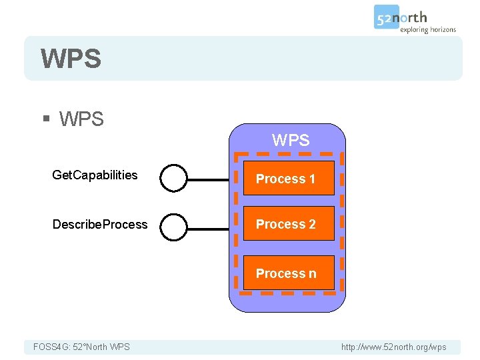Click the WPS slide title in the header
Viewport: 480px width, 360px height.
pyautogui.click(x=71, y=59)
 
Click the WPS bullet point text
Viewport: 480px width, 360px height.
pyautogui.click(x=81, y=119)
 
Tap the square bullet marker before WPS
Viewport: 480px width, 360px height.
pyautogui.click(x=46, y=119)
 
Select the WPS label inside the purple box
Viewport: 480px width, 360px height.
pyautogui.click(x=291, y=140)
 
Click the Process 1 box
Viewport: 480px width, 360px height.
pyautogui.click(x=288, y=178)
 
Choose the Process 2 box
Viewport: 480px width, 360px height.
pyautogui.click(x=288, y=225)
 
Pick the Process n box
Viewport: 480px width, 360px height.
pyautogui.click(x=288, y=273)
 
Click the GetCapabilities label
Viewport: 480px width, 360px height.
pyautogui.click(x=95, y=175)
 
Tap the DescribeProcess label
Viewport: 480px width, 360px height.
pyautogui.click(x=100, y=225)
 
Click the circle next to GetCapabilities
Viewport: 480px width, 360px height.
pyautogui.click(x=174, y=178)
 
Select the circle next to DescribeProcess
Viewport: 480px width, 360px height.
pyautogui.click(x=174, y=227)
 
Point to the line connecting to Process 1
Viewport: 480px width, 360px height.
pyautogui.click(x=208, y=179)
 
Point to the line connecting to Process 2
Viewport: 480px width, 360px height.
pyautogui.click(x=208, y=229)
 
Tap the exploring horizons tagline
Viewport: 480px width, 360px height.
pyautogui.click(x=427, y=29)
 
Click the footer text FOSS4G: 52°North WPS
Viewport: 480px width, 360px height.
pyautogui.click(x=81, y=347)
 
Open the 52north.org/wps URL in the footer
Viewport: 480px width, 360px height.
pyautogui.click(x=393, y=347)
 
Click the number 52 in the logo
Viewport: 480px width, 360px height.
pyautogui.click(x=385, y=18)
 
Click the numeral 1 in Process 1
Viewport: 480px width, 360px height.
pyautogui.click(x=311, y=179)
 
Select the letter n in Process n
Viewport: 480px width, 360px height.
pyautogui.click(x=312, y=274)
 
